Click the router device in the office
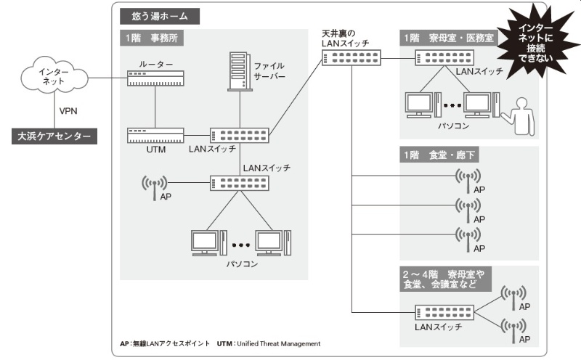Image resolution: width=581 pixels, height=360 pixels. click(156, 77)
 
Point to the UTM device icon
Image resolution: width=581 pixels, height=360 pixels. click(156, 136)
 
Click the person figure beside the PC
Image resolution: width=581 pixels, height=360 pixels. click(520, 115)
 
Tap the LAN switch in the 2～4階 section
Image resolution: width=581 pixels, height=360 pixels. click(444, 312)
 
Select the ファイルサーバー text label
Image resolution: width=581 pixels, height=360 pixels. click(269, 70)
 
